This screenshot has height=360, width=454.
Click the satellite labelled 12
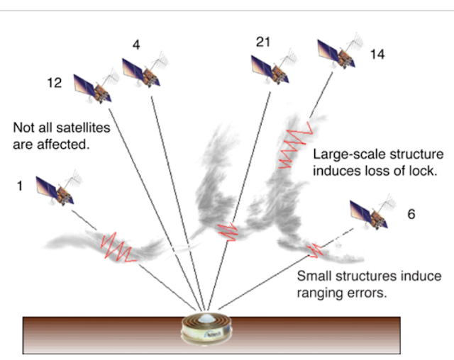click(96, 86)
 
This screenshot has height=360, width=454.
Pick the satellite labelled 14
click(340, 51)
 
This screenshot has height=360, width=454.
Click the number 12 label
click(55, 84)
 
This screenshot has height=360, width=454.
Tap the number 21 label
click(263, 43)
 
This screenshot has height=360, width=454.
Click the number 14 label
click(377, 55)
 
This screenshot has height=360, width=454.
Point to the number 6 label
click(411, 214)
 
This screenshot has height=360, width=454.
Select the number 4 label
click(136, 45)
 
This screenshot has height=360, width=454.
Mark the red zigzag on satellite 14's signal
click(295, 145)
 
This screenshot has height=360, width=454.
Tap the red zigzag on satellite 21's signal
click(228, 231)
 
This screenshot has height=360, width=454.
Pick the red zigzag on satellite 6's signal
click(314, 250)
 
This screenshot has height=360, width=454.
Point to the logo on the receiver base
click(213, 334)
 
